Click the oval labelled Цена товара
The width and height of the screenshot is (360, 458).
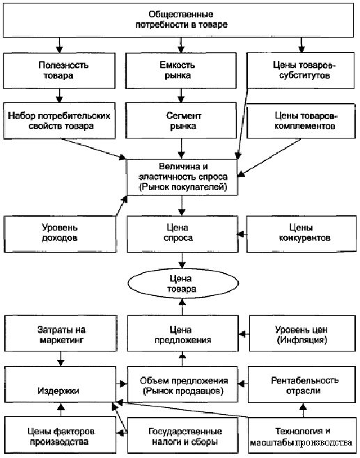point(183,283)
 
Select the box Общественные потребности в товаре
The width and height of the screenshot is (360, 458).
point(178,20)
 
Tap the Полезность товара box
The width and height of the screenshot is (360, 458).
point(59,70)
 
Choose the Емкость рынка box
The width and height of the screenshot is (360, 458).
point(181,70)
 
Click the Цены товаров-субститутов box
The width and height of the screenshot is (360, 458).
point(300,70)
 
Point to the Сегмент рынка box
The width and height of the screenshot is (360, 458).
point(181,120)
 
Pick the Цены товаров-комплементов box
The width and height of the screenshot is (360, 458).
point(301,120)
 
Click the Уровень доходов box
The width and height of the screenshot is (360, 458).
point(60,234)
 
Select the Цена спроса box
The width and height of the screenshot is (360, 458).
point(182,234)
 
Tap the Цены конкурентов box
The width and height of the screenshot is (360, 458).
point(302,234)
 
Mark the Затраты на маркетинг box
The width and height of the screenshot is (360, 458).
point(61,333)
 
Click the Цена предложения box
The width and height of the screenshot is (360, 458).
point(182,333)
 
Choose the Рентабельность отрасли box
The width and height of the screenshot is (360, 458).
point(302,385)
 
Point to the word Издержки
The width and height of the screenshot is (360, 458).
point(58,390)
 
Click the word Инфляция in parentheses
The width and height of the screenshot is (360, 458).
point(302,340)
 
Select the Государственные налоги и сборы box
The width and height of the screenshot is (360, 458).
point(182,435)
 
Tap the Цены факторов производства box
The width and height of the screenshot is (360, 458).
point(60,435)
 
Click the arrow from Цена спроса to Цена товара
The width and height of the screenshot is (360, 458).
point(182,260)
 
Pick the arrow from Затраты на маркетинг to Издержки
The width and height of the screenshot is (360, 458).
point(61,358)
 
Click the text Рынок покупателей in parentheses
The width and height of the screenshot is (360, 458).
point(183,187)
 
